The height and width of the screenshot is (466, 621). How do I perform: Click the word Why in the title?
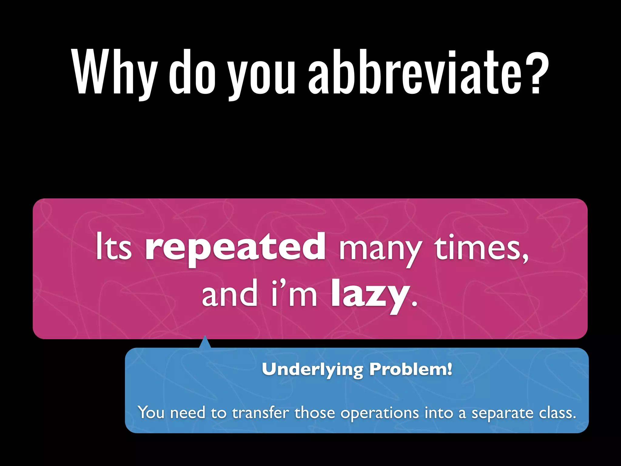tap(115, 73)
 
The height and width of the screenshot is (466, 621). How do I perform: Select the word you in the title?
tap(262, 76)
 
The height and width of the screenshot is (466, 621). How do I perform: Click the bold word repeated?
tap(235, 247)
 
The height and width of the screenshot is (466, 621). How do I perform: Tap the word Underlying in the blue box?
tap(312, 370)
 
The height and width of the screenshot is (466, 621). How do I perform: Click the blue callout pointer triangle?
tap(205, 342)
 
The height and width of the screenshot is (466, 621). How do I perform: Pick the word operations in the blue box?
tap(379, 413)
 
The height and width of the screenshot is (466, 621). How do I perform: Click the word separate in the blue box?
tap(502, 413)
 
